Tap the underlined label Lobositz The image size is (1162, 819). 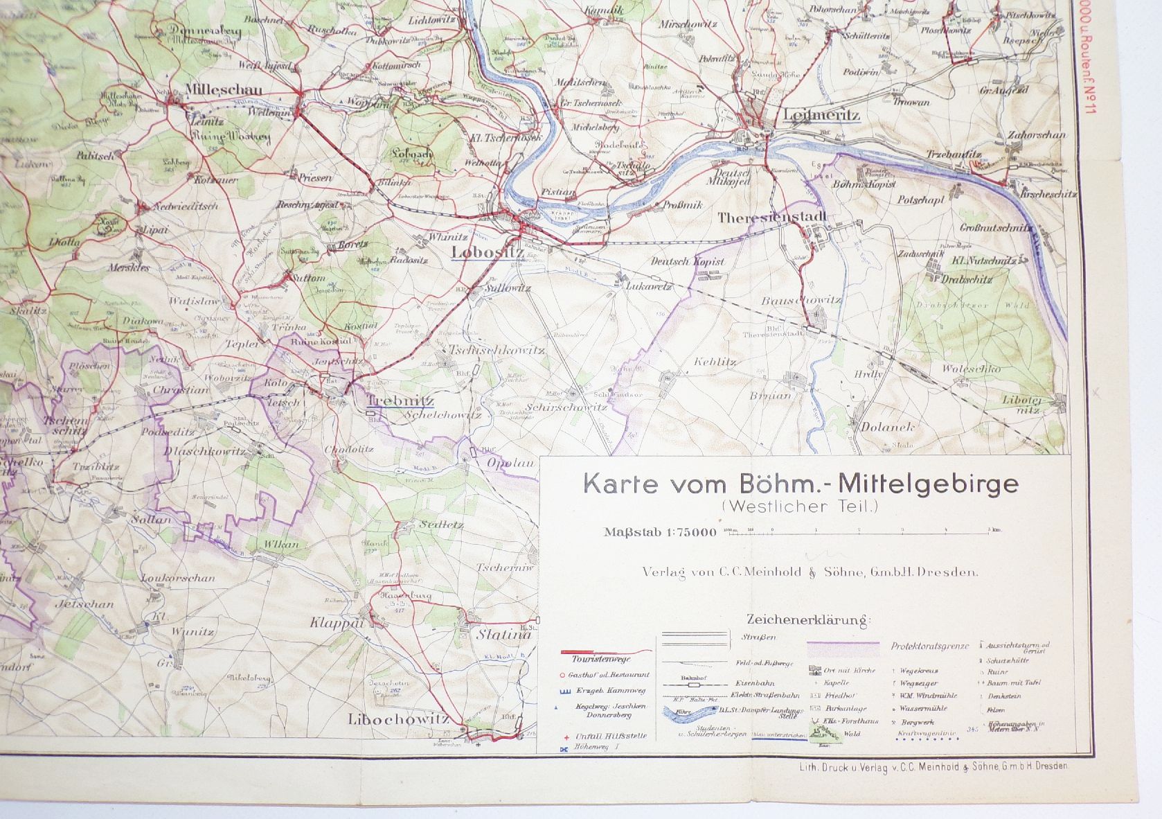487,252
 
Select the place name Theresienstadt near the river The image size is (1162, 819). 772,218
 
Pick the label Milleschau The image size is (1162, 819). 213,89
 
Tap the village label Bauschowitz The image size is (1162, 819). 801,300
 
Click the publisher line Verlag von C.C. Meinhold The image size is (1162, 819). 809,572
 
